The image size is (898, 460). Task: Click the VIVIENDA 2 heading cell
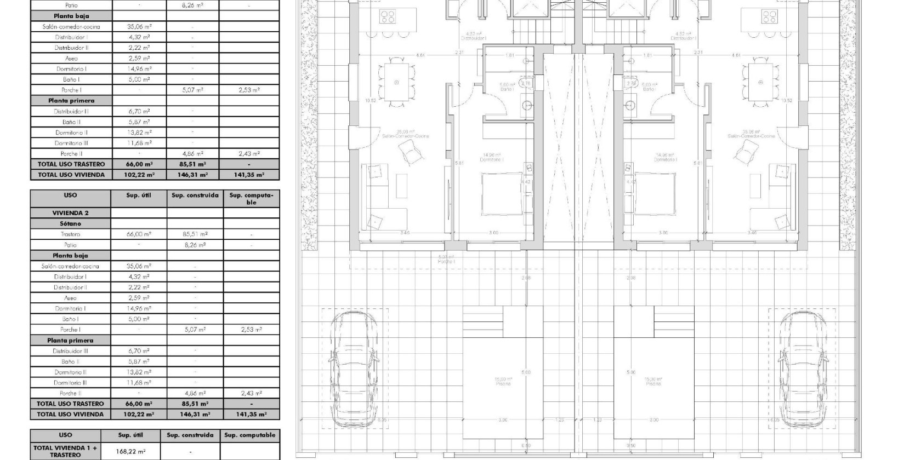pyautogui.click(x=70, y=213)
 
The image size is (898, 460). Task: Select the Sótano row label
pyautogui.click(x=70, y=224)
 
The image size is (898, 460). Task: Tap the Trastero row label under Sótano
pyautogui.click(x=70, y=234)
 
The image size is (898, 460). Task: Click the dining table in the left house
pyautogui.click(x=396, y=82)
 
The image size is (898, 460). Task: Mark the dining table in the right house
pyautogui.click(x=760, y=82)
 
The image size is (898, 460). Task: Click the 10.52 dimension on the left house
pyautogui.click(x=358, y=100)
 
